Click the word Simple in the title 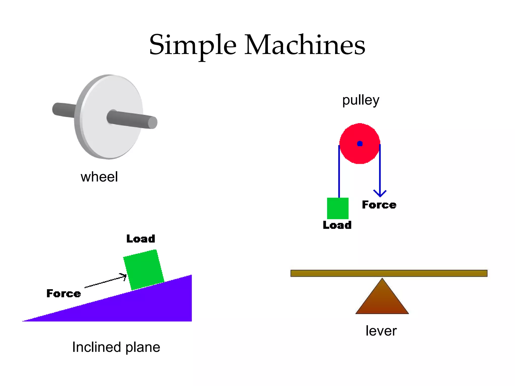[x=193, y=45]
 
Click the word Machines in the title [x=305, y=45]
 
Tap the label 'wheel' [x=99, y=177]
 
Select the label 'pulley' [x=361, y=100]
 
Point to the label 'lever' [x=381, y=331]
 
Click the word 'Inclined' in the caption [x=97, y=347]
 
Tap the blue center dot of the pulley [x=360, y=144]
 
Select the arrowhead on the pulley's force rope [x=380, y=194]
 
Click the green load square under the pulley [x=338, y=208]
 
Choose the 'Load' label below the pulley [x=337, y=225]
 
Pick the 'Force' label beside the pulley [x=379, y=205]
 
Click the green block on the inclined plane [x=144, y=269]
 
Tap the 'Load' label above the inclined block [x=141, y=239]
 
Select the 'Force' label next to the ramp [x=64, y=294]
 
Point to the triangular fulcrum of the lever [x=382, y=300]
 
